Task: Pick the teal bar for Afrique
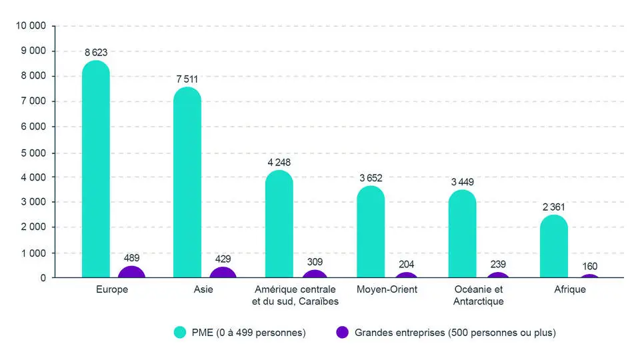[553, 246]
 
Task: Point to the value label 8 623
[96, 52]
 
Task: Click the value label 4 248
[279, 162]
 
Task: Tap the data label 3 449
[462, 181]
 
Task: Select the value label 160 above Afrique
[589, 267]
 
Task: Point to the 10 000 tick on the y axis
[31, 25]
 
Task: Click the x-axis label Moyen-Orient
[387, 289]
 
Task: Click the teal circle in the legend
[179, 332]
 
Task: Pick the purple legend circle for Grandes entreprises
[343, 332]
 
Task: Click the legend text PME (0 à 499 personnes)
[248, 332]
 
